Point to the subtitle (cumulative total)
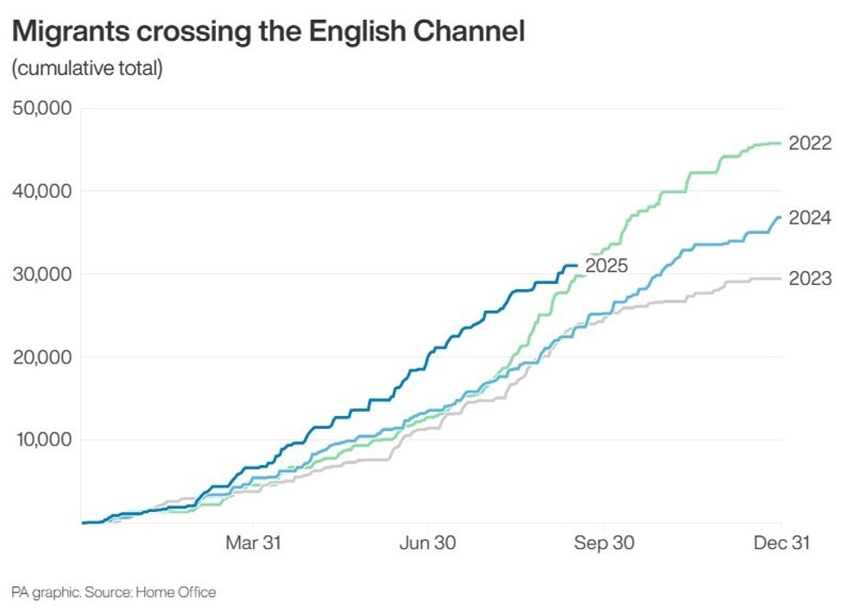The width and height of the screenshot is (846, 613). tap(87, 69)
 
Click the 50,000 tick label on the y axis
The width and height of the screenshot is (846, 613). tap(43, 109)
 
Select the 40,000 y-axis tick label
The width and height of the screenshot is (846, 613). tap(43, 191)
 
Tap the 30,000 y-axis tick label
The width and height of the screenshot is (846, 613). tap(43, 275)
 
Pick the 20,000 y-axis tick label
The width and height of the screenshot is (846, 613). tap(43, 357)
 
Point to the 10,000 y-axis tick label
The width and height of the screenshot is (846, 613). tap(43, 440)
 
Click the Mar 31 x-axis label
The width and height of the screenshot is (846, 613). tap(254, 544)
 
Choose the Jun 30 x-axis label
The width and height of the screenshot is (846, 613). tap(429, 544)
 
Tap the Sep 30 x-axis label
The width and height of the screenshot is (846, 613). tap(604, 544)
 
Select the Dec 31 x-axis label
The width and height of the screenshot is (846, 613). tap(780, 544)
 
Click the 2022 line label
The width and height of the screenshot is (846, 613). tap(810, 143)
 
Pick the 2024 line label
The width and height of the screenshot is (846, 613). tap(810, 218)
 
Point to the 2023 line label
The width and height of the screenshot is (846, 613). tap(810, 278)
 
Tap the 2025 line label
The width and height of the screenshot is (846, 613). tap(606, 266)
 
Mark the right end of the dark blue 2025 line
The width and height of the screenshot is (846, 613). tap(576, 265)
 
